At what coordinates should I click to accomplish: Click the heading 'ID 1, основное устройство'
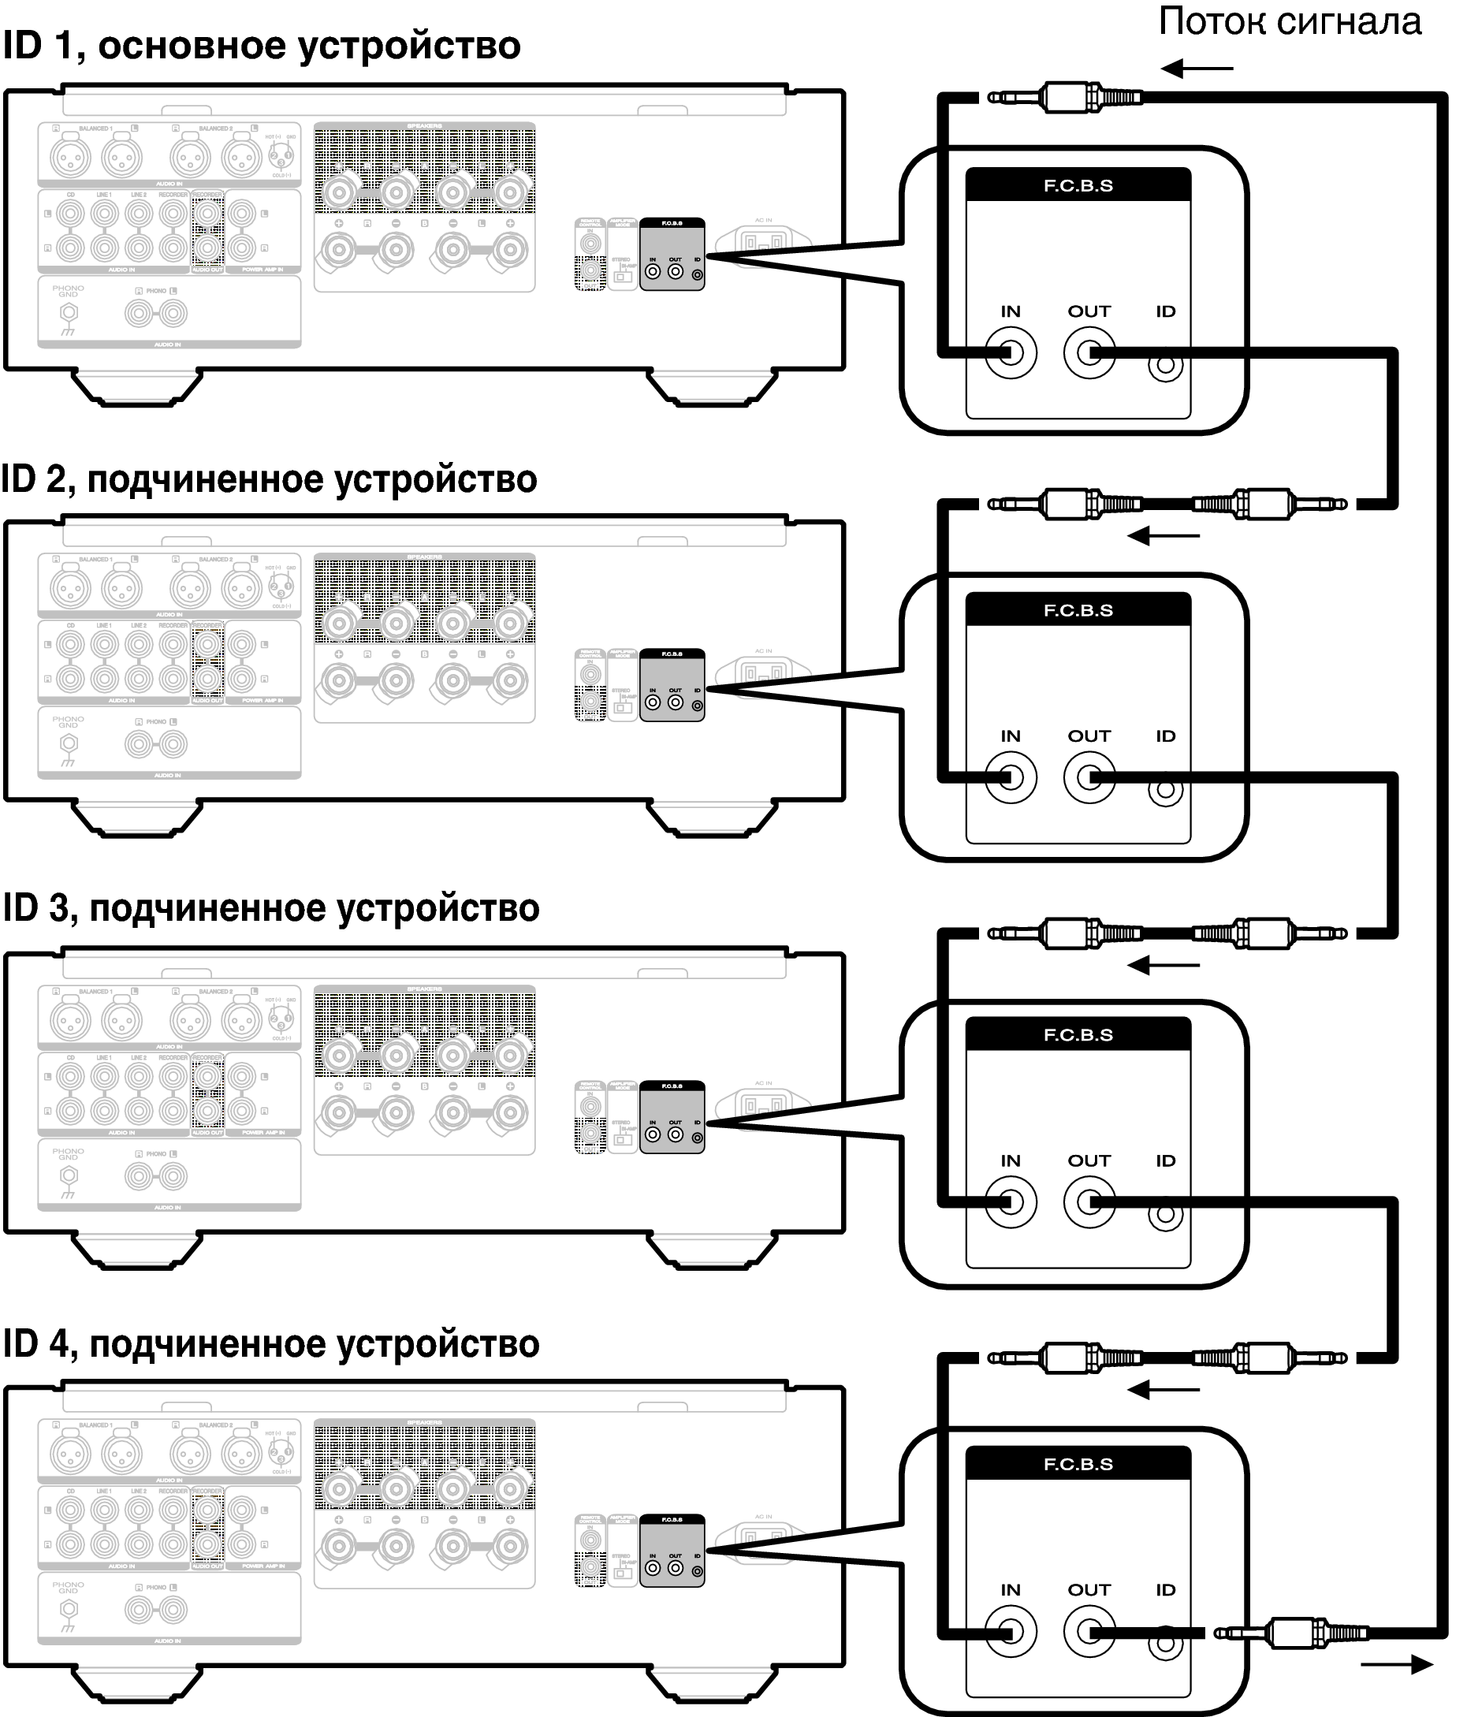[x=261, y=47]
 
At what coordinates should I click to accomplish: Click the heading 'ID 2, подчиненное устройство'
[x=270, y=480]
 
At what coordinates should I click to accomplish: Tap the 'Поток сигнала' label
[x=1289, y=21]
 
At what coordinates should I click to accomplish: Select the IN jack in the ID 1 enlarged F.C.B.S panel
[x=1011, y=353]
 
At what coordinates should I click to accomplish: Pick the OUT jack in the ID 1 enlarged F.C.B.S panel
[x=1089, y=353]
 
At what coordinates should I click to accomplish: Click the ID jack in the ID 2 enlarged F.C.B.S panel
[x=1165, y=790]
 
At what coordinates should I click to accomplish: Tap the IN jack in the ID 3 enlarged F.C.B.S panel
[x=1011, y=1202]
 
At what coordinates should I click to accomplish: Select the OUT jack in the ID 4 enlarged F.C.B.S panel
[x=1089, y=1631]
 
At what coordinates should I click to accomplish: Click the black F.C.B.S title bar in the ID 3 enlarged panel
[x=1078, y=1035]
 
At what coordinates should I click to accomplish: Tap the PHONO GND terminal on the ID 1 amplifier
[x=69, y=313]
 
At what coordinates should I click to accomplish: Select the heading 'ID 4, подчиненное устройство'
[x=271, y=1344]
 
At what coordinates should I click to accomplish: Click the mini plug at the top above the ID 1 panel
[x=1066, y=98]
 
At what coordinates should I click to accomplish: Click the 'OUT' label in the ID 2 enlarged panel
[x=1089, y=736]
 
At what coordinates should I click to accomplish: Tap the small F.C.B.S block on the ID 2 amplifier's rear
[x=672, y=685]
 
